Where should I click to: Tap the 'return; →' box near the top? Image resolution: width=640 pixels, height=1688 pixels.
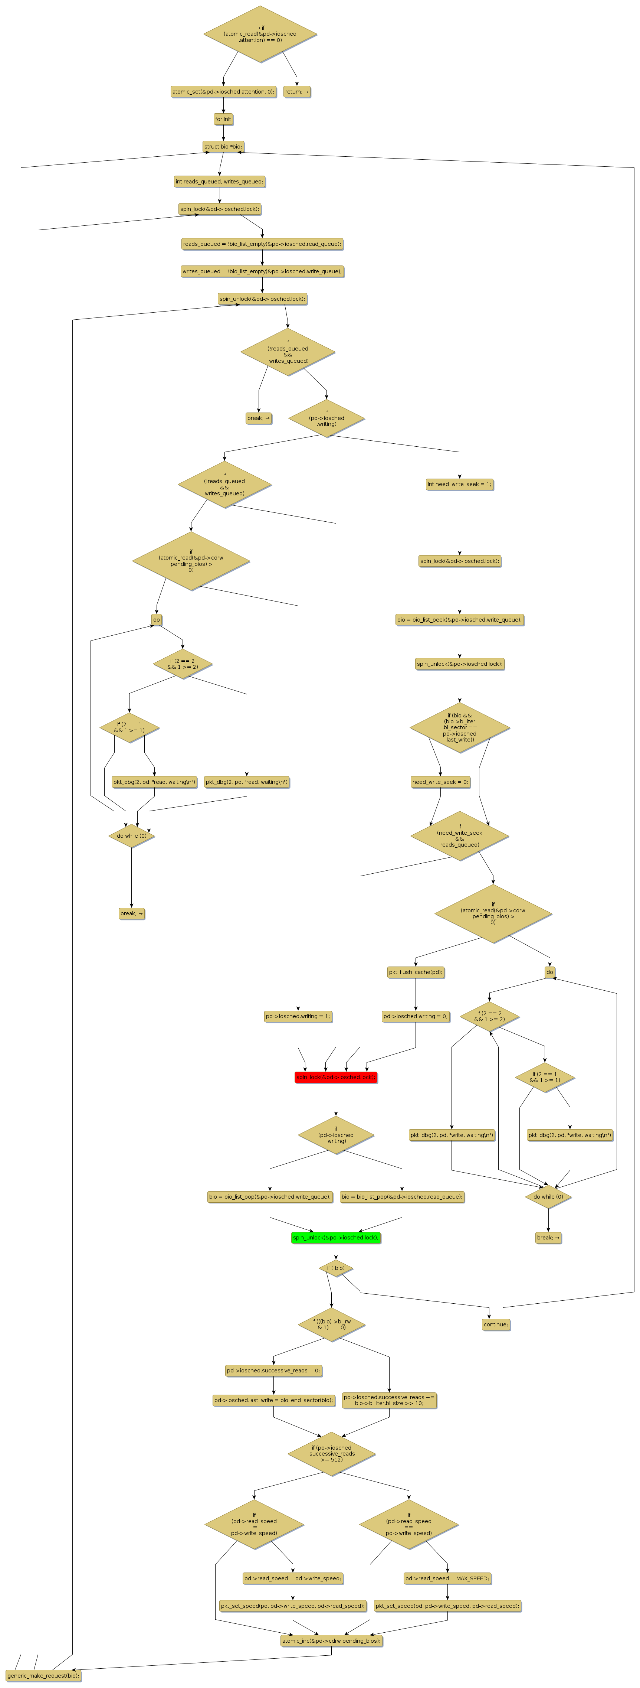coord(297,92)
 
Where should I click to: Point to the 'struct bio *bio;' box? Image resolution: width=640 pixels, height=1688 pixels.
coord(223,147)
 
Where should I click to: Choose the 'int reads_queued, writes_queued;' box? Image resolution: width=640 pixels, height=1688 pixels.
coord(219,182)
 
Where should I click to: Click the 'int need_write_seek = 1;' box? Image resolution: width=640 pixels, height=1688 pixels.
coord(459,484)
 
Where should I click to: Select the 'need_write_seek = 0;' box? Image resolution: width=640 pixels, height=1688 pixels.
coord(440,782)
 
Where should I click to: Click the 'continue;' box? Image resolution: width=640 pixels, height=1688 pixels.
coord(495,1324)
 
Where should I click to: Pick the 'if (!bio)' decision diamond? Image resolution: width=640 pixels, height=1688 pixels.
coord(336,1268)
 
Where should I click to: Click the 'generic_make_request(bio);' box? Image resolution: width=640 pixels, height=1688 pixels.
coord(43,1675)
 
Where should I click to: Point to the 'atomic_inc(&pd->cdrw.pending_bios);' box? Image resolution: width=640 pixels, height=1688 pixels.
coord(331,1641)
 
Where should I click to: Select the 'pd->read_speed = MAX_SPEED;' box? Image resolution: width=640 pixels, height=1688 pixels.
coord(447,1578)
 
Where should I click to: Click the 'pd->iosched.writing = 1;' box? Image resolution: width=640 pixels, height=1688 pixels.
coord(298,1016)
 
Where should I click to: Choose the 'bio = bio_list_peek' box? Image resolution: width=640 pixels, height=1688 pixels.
coord(459,619)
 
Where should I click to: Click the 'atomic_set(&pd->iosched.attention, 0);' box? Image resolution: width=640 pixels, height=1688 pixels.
coord(223,92)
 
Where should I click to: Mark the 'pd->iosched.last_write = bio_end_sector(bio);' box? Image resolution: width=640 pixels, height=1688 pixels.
coord(273,1400)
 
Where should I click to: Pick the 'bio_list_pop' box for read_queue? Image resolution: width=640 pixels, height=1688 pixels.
coord(401,1196)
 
